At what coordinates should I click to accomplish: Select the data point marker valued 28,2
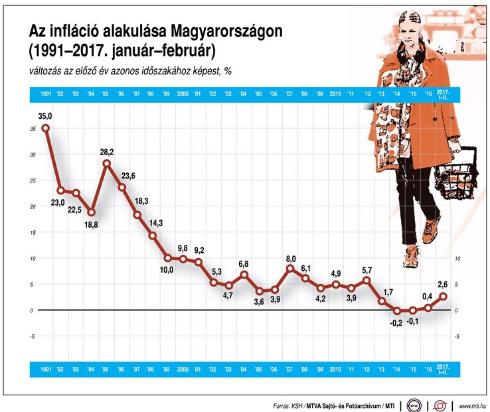click(x=106, y=163)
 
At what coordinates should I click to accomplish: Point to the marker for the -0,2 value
click(x=396, y=310)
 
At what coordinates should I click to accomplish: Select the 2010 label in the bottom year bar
click(x=335, y=368)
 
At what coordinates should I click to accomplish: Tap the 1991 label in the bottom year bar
click(x=45, y=368)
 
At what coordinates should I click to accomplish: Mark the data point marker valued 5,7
click(x=366, y=281)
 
